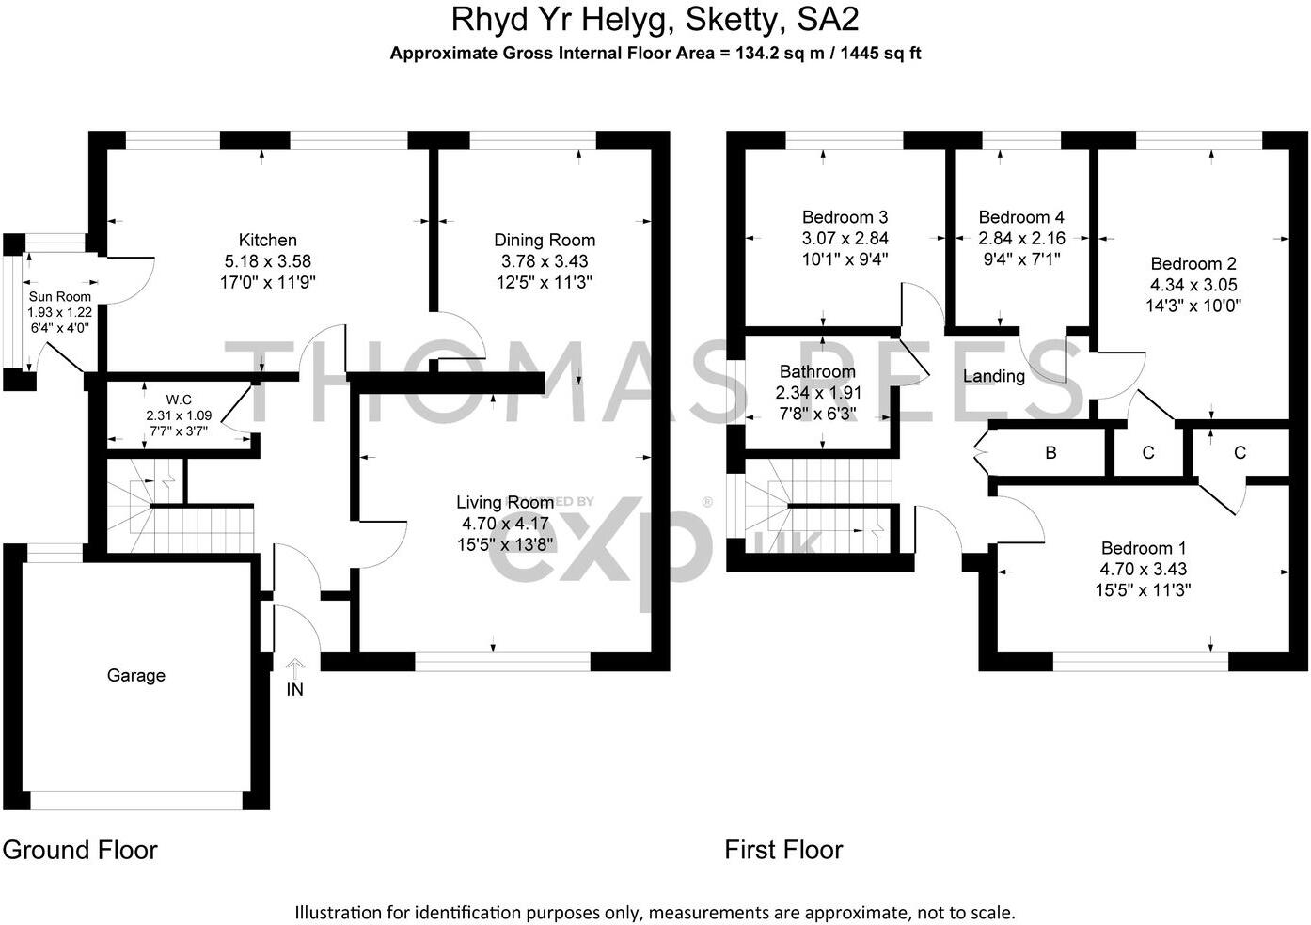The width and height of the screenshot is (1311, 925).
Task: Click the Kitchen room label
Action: click(x=267, y=241)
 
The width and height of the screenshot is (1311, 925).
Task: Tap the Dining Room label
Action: click(x=545, y=241)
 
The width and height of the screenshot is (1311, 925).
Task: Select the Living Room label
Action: click(x=505, y=503)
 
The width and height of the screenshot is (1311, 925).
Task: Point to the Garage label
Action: click(x=136, y=675)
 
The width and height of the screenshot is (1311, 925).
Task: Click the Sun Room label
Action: click(x=60, y=297)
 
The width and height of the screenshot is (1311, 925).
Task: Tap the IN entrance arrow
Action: click(x=295, y=670)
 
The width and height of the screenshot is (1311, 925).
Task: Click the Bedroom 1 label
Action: click(x=1143, y=548)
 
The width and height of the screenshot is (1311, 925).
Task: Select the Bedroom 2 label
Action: click(x=1193, y=264)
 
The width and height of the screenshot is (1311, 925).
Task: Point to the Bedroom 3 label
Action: click(x=845, y=217)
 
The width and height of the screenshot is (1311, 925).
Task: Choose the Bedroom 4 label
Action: click(x=1021, y=217)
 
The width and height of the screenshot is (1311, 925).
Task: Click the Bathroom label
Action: click(x=817, y=372)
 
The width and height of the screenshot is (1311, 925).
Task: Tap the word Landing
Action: click(x=993, y=376)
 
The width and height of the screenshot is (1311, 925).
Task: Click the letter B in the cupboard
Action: click(x=1050, y=453)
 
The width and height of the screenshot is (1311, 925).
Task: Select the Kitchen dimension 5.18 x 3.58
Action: click(x=267, y=261)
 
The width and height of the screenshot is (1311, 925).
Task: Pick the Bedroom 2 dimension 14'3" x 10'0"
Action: click(x=1193, y=306)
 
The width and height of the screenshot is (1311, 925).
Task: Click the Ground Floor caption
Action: click(x=80, y=850)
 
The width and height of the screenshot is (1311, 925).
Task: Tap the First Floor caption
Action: click(x=783, y=850)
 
